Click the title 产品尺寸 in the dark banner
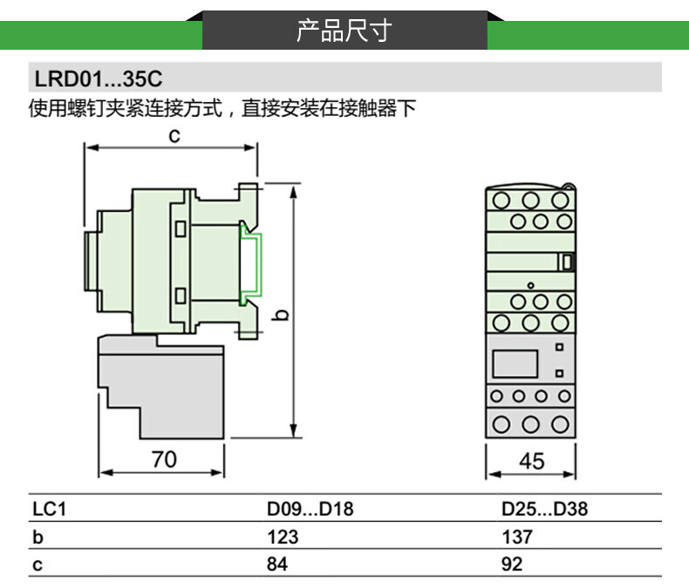[344, 31]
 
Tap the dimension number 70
[164, 459]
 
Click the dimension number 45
[531, 462]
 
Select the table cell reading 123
[283, 537]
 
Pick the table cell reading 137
[516, 537]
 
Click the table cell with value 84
[276, 564]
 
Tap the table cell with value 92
[512, 564]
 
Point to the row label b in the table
[38, 537]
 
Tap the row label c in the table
[38, 564]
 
